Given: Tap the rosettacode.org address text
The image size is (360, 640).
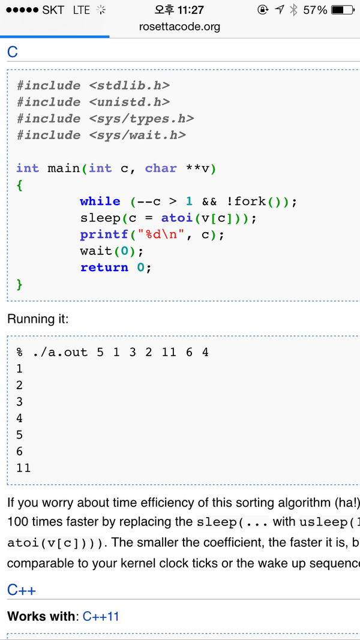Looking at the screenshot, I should point(179,26).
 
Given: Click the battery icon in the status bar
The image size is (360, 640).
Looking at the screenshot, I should point(342,10).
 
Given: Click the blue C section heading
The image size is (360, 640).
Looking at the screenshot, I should point(13,52).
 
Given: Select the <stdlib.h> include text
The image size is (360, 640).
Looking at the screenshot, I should point(130,85).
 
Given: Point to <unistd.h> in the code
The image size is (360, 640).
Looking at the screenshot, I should point(130,102).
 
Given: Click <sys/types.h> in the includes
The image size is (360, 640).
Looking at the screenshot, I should point(142,119).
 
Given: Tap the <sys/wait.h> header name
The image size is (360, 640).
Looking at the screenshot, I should point(137,135).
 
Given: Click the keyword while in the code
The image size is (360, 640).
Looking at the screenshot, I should point(100,202).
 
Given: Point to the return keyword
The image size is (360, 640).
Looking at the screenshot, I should point(104,268).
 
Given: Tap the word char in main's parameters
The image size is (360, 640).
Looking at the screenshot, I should point(161,169).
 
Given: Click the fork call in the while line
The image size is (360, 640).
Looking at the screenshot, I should point(250,202).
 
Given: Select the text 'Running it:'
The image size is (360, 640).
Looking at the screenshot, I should point(38,319).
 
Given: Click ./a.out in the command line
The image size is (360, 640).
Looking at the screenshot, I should point(60,352).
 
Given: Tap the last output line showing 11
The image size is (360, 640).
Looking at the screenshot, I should point(23,467).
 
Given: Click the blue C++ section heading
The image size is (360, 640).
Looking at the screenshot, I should point(22,590).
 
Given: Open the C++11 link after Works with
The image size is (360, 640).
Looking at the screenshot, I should point(101,616).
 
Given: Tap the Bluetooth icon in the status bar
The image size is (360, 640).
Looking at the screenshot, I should point(293,10).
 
